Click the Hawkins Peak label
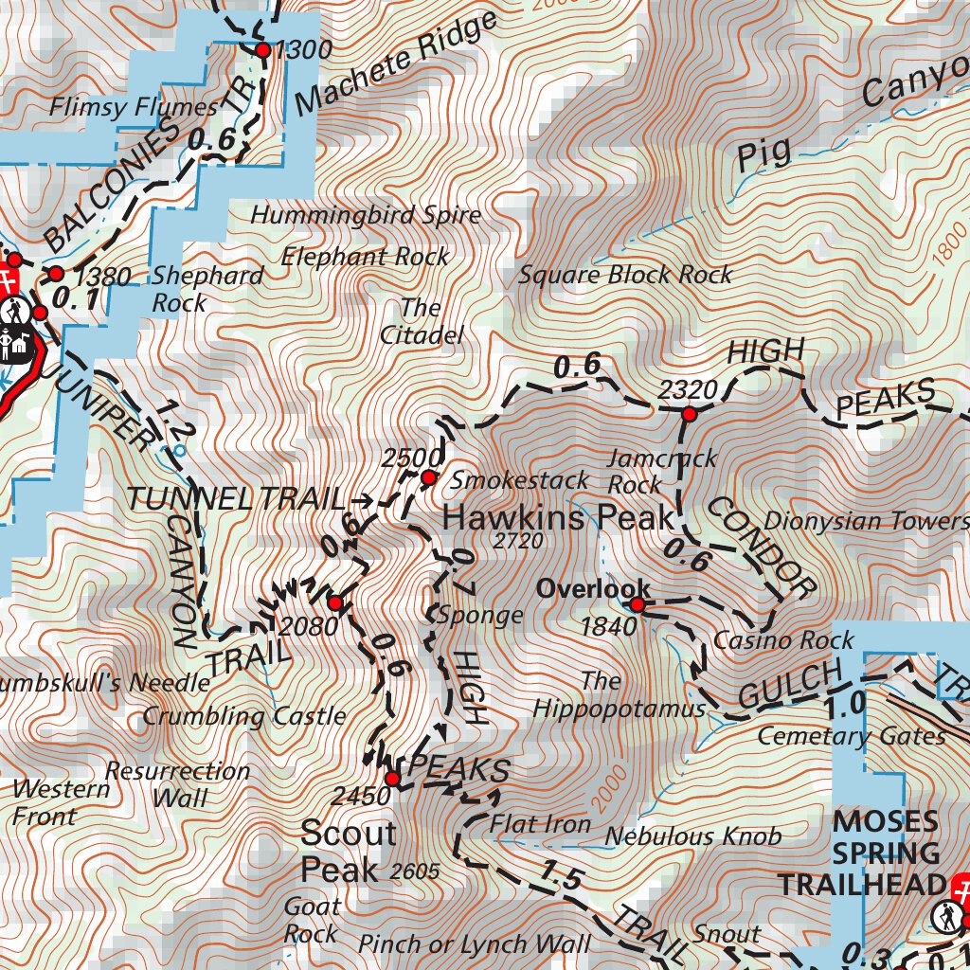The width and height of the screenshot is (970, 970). click(x=558, y=517)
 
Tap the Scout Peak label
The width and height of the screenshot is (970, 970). click(x=348, y=851)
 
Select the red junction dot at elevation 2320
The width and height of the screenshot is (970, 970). click(x=690, y=414)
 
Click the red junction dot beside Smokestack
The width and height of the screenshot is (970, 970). click(x=428, y=478)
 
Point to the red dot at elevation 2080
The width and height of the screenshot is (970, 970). click(x=334, y=602)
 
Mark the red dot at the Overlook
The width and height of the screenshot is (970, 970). click(x=638, y=605)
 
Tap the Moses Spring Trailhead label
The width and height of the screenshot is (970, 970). click(x=859, y=853)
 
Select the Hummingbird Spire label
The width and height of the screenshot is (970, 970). click(x=366, y=215)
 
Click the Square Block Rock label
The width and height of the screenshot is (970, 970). click(x=625, y=275)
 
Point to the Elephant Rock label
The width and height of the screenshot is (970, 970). click(x=365, y=256)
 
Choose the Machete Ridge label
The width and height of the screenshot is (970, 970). click(x=396, y=63)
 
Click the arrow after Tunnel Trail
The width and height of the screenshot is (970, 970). click(x=362, y=498)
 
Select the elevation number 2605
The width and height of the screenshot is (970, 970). click(x=414, y=871)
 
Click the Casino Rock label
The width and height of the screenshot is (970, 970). click(x=770, y=640)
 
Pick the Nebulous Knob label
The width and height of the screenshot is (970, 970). click(x=693, y=835)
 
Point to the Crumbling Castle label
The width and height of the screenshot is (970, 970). click(x=244, y=715)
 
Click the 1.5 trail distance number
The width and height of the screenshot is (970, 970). click(x=563, y=877)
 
